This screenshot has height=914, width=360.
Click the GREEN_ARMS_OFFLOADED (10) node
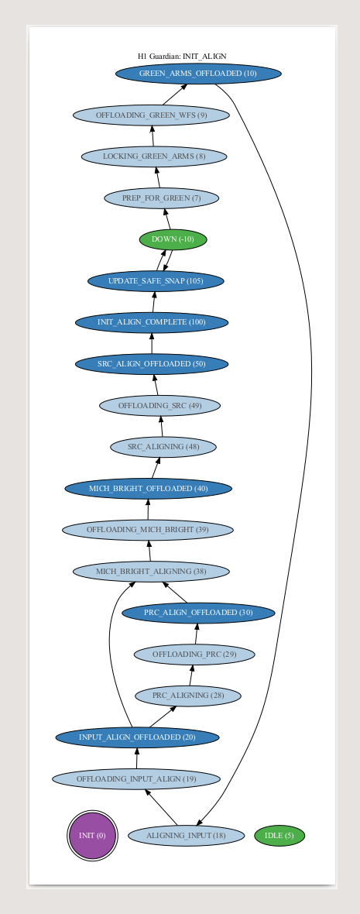coord(198,74)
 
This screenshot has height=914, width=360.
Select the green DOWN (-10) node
coord(173,239)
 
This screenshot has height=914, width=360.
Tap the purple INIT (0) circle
coord(92,835)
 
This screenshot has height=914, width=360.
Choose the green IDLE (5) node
coord(279,835)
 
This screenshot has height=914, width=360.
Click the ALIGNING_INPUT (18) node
coord(186,835)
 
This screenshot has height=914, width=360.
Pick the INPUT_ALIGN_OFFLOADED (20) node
coord(138,737)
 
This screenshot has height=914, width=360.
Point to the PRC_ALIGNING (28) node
coord(187,696)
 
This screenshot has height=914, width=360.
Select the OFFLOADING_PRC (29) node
coord(194,655)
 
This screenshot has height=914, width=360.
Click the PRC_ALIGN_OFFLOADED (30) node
coord(198,613)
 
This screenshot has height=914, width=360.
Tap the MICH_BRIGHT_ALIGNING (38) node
coord(151,572)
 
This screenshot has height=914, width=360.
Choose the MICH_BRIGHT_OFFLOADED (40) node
coord(148,489)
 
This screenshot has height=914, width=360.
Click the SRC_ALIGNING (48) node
coord(163,447)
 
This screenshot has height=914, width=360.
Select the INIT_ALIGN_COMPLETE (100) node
coord(152,322)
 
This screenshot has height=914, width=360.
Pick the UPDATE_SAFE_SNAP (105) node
coord(156,281)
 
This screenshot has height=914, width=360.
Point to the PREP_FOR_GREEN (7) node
coord(161,198)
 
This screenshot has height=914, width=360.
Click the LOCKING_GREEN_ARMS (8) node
coord(154,156)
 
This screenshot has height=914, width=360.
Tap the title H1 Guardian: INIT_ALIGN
coord(182,56)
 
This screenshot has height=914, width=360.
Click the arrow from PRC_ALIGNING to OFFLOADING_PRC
coord(191,675)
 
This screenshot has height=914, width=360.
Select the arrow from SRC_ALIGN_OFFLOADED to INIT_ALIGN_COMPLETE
coord(152,343)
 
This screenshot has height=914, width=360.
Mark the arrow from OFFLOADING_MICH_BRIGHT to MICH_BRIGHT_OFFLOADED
coord(148,510)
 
